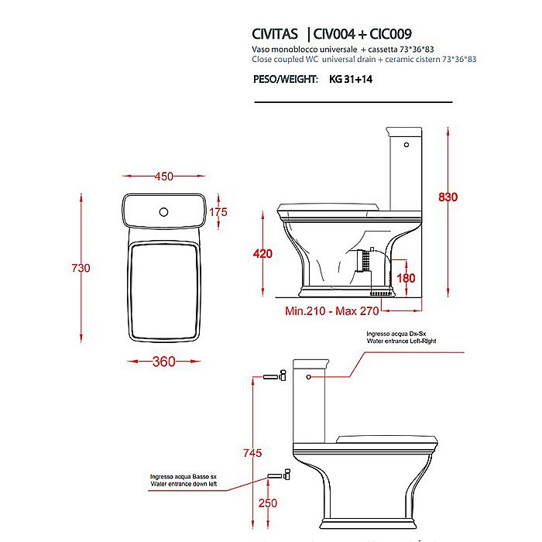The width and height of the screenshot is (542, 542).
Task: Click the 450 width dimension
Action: (163, 177)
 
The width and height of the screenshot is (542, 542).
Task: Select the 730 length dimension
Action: (81, 268)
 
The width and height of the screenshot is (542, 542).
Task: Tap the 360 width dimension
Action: (163, 362)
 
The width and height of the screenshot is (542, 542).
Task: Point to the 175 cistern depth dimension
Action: (218, 212)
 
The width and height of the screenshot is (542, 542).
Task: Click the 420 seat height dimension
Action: (263, 254)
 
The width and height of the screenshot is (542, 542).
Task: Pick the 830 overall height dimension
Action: (448, 197)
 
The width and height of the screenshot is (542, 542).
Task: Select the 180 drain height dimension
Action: (407, 278)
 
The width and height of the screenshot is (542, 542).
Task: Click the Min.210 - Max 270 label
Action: (331, 312)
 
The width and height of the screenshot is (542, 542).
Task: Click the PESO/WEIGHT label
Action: (285, 79)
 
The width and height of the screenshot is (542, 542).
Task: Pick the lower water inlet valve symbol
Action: (278, 472)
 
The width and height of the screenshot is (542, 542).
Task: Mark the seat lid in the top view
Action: (163, 290)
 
